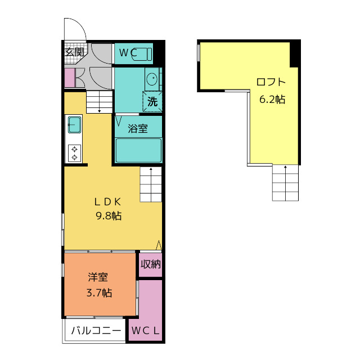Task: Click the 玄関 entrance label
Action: tap(74, 52)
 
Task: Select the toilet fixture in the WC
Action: tap(142, 54)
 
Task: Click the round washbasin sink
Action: tap(152, 79)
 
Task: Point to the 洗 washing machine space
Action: tap(152, 101)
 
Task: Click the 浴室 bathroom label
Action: tap(138, 128)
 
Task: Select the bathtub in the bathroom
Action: tap(138, 150)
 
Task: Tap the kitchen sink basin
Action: tap(74, 125)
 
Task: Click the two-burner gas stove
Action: tap(74, 154)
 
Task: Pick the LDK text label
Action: tap(107, 202)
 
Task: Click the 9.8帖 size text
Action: tap(109, 216)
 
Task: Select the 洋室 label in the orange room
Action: tap(98, 277)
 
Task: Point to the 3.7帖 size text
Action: tap(99, 293)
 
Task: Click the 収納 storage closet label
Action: tap(151, 264)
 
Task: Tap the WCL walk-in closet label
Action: tap(145, 331)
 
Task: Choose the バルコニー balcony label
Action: tap(96, 331)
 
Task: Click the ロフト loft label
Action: tap(271, 82)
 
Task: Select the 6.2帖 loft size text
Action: tap(272, 100)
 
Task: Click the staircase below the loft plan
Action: tap(285, 183)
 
